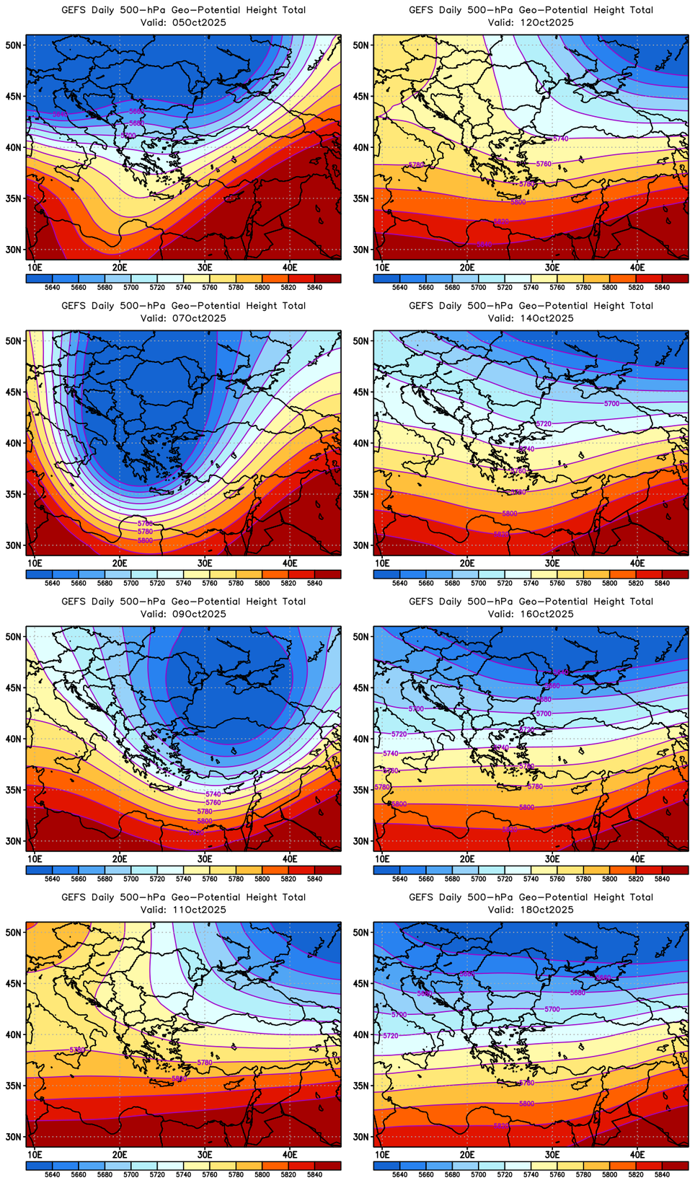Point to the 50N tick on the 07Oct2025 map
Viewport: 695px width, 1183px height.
click(14, 340)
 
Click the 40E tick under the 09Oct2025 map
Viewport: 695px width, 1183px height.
click(290, 859)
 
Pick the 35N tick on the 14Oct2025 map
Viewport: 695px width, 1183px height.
click(361, 495)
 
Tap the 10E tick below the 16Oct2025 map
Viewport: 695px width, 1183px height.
click(382, 859)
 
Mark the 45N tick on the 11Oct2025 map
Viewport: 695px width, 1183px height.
click(14, 983)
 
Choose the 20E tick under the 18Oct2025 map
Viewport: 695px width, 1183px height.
click(467, 1155)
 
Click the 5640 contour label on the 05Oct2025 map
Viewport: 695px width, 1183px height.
click(61, 114)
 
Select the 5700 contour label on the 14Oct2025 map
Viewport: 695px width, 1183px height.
click(611, 403)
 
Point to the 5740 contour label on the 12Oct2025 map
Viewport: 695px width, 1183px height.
click(560, 138)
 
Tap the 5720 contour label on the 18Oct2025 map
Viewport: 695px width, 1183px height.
click(390, 1035)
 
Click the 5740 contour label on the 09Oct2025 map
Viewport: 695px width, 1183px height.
click(213, 794)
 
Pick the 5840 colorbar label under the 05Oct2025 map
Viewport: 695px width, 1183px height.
click(314, 288)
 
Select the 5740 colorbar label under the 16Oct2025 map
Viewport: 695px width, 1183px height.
click(531, 879)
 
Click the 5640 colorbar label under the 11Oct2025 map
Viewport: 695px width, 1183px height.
click(52, 1175)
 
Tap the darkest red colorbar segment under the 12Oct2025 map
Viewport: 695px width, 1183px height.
click(676, 278)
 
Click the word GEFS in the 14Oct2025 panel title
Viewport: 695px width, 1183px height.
click(422, 306)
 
